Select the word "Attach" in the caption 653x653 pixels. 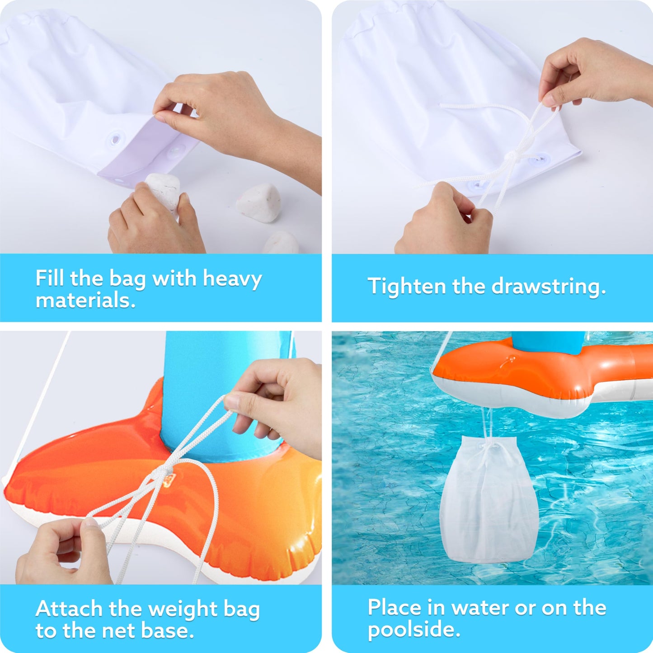point(70,609)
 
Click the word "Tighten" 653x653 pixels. point(407,287)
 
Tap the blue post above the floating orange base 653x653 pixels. point(548,342)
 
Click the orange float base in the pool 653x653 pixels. point(542,375)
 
